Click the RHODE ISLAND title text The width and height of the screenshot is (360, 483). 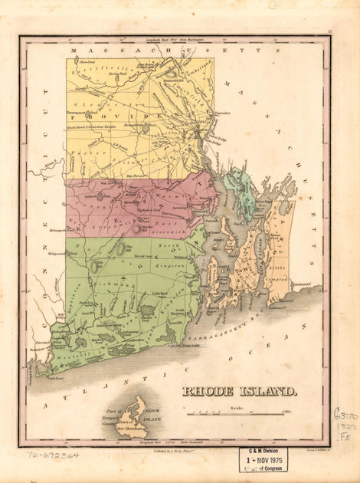tap(239, 391)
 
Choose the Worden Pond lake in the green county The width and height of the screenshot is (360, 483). tap(148, 310)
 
